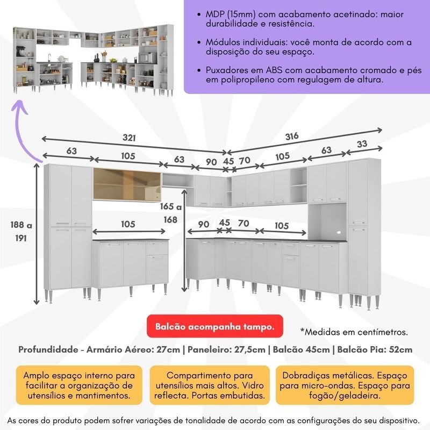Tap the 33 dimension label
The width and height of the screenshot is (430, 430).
click(362, 144)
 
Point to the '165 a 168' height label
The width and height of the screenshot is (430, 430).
click(171, 213)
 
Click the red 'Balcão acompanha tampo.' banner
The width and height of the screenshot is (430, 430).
click(214, 326)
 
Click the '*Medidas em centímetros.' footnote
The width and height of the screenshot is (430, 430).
click(354, 332)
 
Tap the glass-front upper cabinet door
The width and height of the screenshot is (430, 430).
click(127, 184)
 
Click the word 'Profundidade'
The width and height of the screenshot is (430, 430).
click(48, 350)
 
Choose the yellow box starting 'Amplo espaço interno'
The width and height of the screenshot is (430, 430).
click(78, 385)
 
